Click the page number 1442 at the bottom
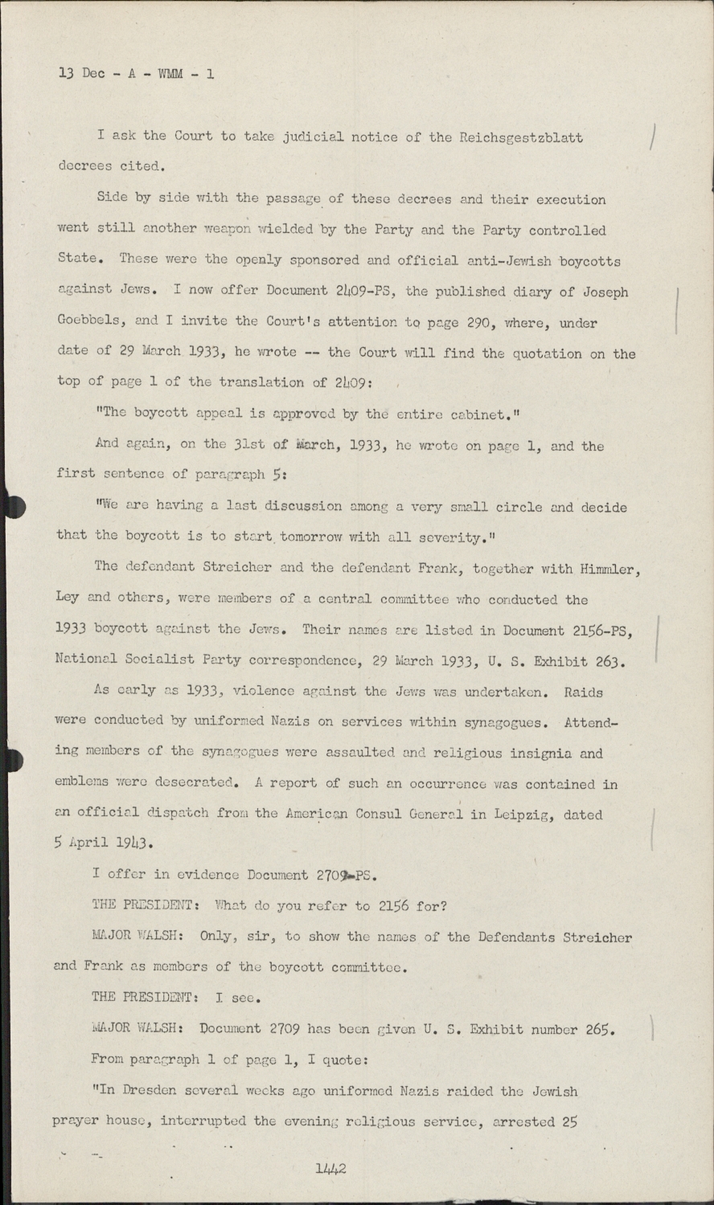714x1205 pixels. (330, 1168)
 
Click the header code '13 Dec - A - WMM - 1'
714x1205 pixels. (137, 74)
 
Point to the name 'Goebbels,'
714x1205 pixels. (90, 322)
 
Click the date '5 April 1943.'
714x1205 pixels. (102, 843)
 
